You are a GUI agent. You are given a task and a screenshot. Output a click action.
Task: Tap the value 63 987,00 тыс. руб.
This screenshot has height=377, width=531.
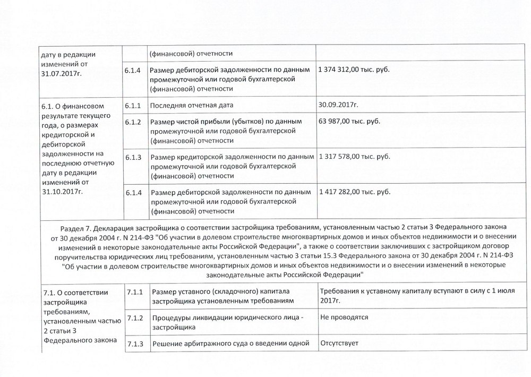coord(349,122)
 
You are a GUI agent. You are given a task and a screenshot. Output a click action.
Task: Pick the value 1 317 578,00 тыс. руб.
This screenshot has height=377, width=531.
coord(354,157)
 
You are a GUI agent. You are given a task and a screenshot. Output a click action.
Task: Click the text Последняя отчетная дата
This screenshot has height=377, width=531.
coord(192,105)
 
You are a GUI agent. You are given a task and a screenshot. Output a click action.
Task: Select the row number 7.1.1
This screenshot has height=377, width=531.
coord(136,292)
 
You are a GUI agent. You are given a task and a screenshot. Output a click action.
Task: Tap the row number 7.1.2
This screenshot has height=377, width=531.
coord(136,318)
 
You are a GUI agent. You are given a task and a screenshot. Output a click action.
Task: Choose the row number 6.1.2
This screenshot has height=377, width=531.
coord(133,122)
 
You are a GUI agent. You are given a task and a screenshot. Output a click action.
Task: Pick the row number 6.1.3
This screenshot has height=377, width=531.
coord(133,157)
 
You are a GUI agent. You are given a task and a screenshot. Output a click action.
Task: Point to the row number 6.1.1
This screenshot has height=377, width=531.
coord(133,105)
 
